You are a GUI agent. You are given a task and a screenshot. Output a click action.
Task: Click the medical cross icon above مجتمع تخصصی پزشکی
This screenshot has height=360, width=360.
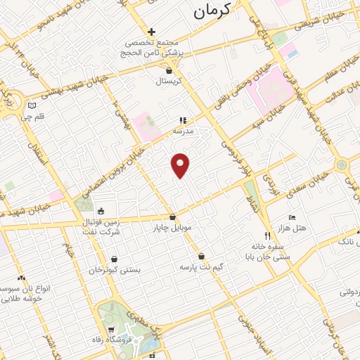point(151,32)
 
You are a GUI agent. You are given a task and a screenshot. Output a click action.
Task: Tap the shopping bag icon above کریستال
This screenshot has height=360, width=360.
point(169,70)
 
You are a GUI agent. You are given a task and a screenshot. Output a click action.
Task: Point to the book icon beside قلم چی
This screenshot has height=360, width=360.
point(30,106)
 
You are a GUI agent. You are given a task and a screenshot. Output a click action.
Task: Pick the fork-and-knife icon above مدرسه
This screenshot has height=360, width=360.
point(183,120)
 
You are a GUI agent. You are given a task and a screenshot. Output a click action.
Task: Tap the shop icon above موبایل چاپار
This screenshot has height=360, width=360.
point(173,217)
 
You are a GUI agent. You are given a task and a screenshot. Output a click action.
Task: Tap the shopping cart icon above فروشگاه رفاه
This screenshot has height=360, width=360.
point(111,330)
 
